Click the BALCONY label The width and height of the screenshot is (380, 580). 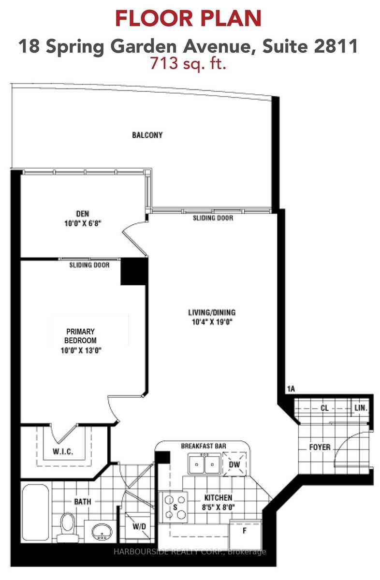[147, 135]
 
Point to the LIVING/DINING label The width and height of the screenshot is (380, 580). [212, 312]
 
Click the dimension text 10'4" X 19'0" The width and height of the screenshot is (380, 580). [212, 323]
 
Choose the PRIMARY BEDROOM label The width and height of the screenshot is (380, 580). [81, 336]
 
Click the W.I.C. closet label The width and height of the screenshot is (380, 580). [62, 452]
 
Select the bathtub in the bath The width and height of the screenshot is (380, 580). [35, 512]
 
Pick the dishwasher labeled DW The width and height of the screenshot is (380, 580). [234, 464]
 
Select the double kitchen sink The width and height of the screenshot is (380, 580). [204, 465]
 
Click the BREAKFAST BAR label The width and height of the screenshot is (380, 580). [204, 445]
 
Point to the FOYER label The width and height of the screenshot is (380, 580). [320, 447]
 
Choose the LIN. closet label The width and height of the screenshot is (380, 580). [361, 408]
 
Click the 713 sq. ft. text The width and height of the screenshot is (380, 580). [188, 63]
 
